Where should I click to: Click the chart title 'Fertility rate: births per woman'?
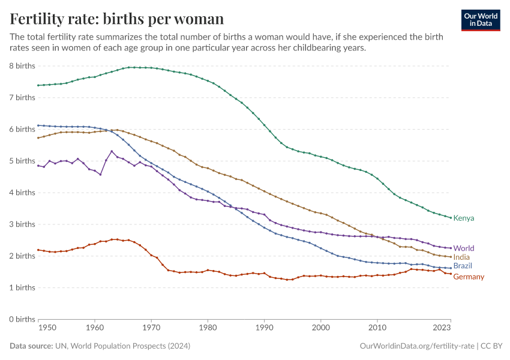tap(117, 19)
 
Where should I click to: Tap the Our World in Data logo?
tap(481, 20)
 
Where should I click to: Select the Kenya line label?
tap(464, 218)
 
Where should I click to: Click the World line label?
tap(464, 248)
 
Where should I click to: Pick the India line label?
tap(461, 257)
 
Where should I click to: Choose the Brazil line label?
tap(463, 266)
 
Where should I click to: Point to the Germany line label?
tap(469, 277)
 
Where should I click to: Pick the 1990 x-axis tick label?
tap(264, 328)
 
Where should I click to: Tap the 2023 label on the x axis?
tap(442, 328)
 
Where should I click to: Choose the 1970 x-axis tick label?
tap(151, 328)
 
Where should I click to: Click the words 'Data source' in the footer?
tap(31, 346)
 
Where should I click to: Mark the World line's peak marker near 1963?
tap(112, 151)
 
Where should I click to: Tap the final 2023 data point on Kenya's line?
tap(450, 218)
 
